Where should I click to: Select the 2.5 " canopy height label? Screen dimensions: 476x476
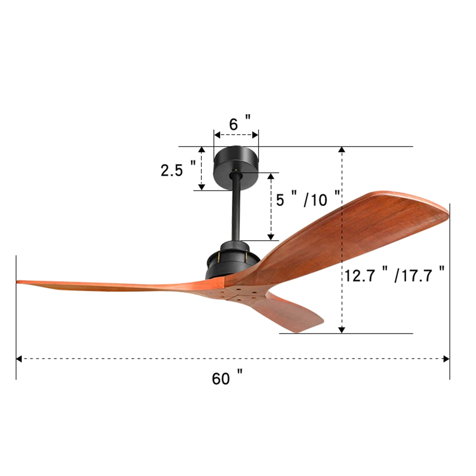[x=178, y=170]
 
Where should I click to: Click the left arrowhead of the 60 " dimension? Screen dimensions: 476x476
[x=19, y=359]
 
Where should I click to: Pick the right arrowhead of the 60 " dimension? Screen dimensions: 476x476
[x=446, y=359]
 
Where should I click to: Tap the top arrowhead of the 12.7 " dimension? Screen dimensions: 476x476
[x=341, y=150]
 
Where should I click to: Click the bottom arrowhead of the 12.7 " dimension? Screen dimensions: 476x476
[x=341, y=330]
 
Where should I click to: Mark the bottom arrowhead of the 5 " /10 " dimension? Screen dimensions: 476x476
[x=271, y=237]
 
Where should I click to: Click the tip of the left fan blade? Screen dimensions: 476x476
[x=19, y=281]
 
